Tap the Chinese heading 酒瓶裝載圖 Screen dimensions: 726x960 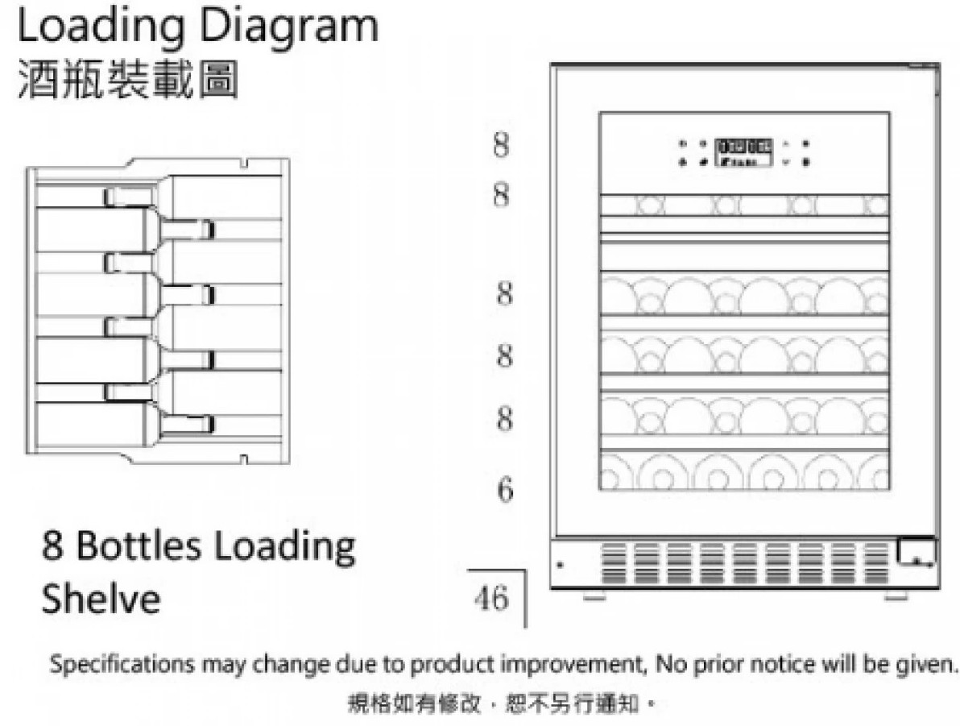pyautogui.click(x=127, y=81)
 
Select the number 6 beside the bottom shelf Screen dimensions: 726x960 pyautogui.click(x=504, y=489)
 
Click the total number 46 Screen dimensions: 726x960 pyautogui.click(x=492, y=599)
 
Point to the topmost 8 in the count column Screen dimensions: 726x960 pyautogui.click(x=500, y=146)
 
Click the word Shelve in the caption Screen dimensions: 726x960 pyautogui.click(x=100, y=599)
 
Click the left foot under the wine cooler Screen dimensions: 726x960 pyautogui.click(x=594, y=596)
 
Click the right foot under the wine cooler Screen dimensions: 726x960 pyautogui.click(x=895, y=596)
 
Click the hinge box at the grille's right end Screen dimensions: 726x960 pyautogui.click(x=917, y=552)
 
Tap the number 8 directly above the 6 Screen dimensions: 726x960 pyautogui.click(x=504, y=420)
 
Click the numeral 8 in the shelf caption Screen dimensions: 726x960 pyautogui.click(x=52, y=547)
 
